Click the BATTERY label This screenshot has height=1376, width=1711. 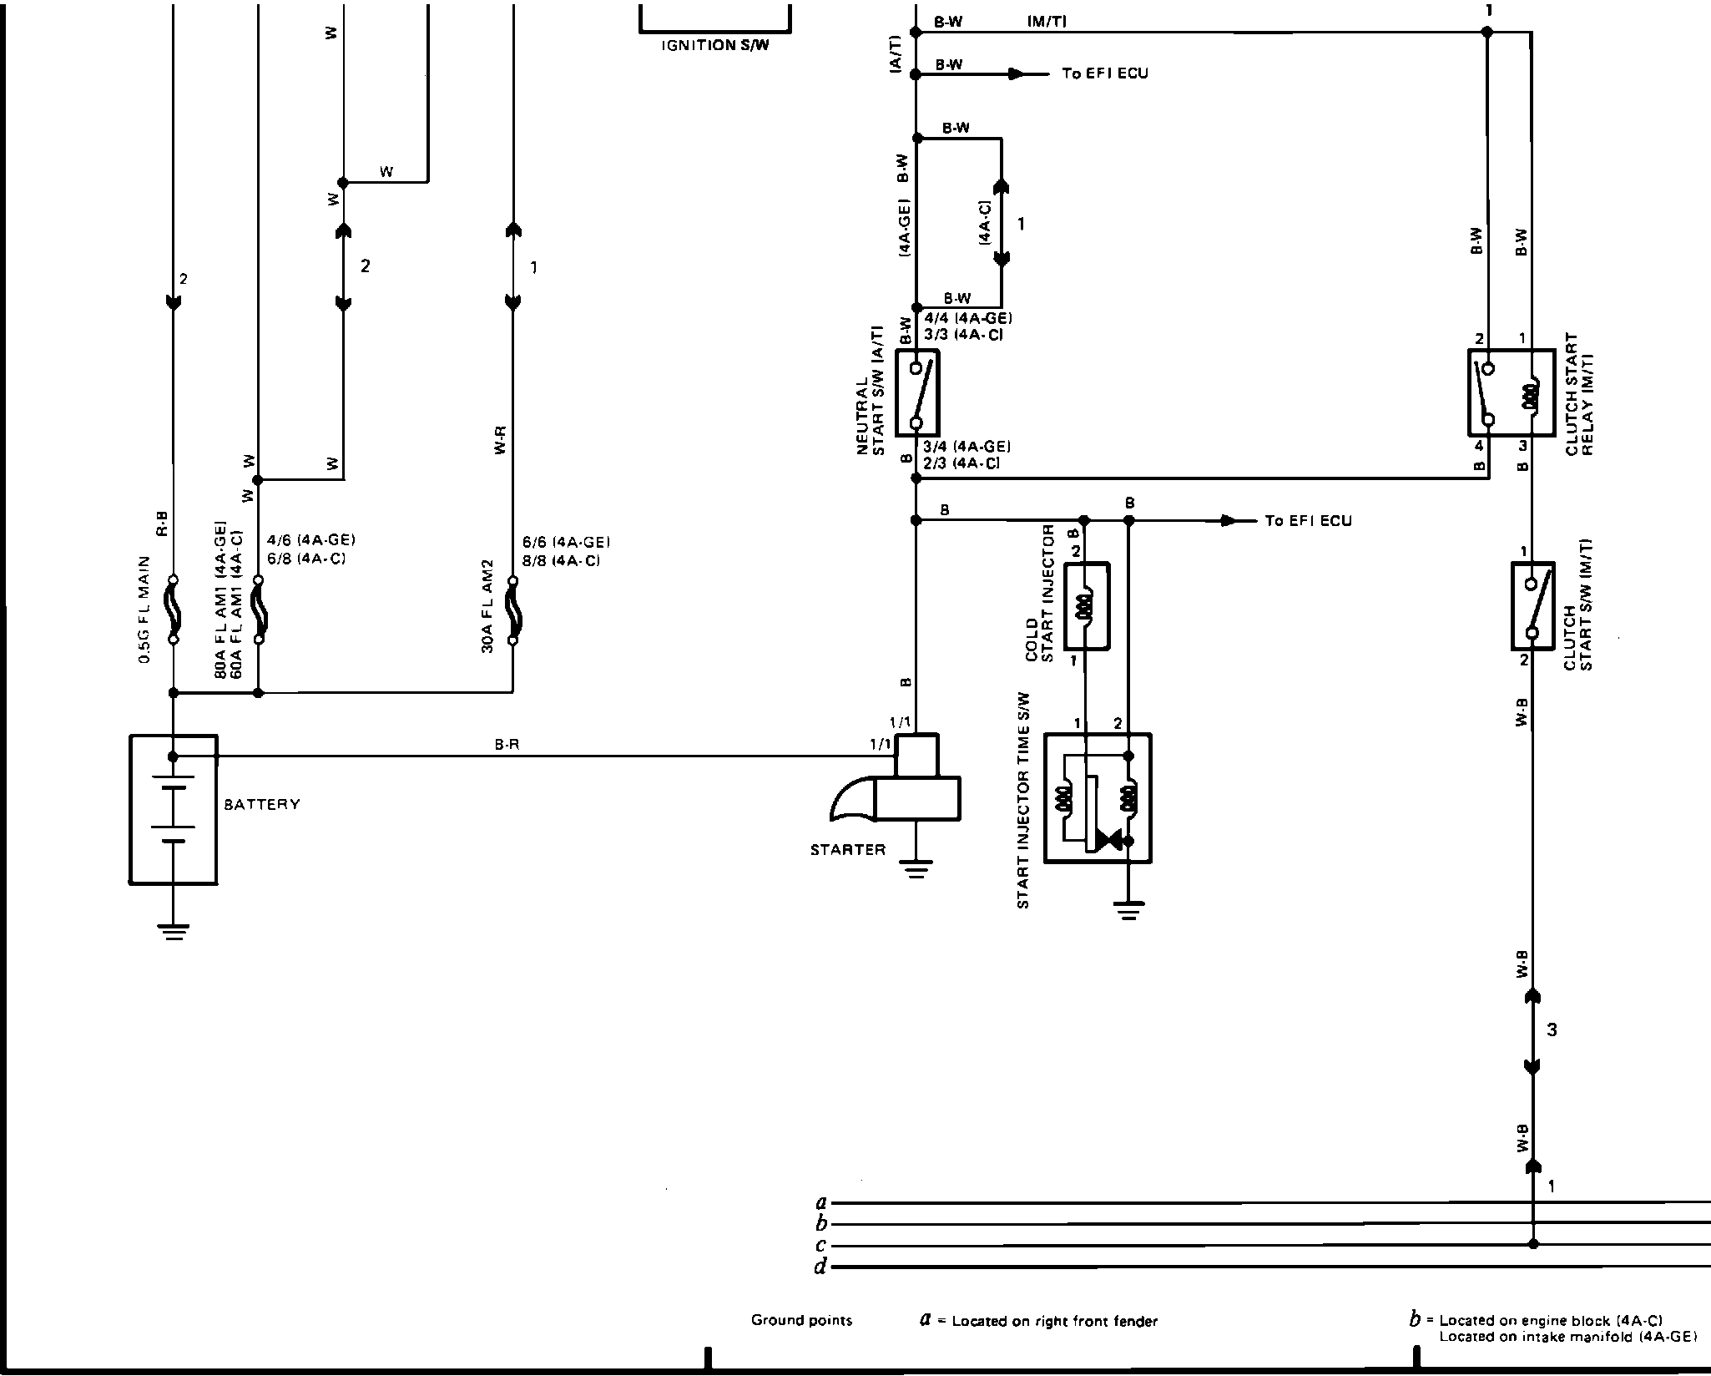(261, 805)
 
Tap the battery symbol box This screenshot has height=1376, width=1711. (174, 808)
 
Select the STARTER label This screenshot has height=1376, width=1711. (847, 850)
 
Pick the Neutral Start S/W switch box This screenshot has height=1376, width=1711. (917, 392)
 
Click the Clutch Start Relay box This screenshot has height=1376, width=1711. (1511, 392)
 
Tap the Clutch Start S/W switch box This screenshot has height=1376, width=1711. (1532, 605)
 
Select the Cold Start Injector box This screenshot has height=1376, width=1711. (1085, 606)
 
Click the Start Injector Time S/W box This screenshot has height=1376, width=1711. (1098, 798)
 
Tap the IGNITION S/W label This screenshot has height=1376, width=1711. (714, 45)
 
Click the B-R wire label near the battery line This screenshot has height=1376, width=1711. (507, 744)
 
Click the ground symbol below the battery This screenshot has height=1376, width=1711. (174, 932)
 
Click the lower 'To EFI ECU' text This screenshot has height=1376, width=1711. (1308, 521)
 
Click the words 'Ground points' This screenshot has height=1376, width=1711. (801, 1320)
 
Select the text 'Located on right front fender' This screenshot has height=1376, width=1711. (1054, 1321)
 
